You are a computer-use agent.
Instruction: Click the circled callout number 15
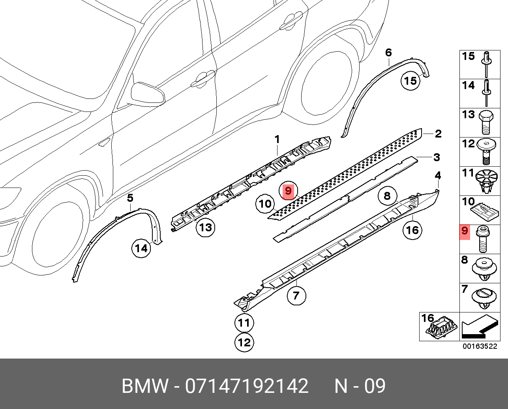[411, 81]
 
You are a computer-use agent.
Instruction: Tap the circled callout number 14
[141, 248]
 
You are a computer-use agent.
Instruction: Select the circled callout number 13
[206, 227]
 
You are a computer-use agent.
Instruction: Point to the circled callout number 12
[244, 342]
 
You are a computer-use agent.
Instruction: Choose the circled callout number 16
[412, 230]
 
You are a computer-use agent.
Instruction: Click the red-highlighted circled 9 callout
[289, 191]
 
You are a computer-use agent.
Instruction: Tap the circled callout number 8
[387, 195]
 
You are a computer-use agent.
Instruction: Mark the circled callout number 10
[265, 204]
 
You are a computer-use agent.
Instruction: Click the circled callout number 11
[244, 323]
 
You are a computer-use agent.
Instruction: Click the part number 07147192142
[247, 386]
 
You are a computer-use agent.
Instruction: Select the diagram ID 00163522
[480, 346]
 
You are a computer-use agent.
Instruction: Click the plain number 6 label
[388, 52]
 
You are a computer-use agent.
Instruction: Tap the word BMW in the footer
[144, 386]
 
